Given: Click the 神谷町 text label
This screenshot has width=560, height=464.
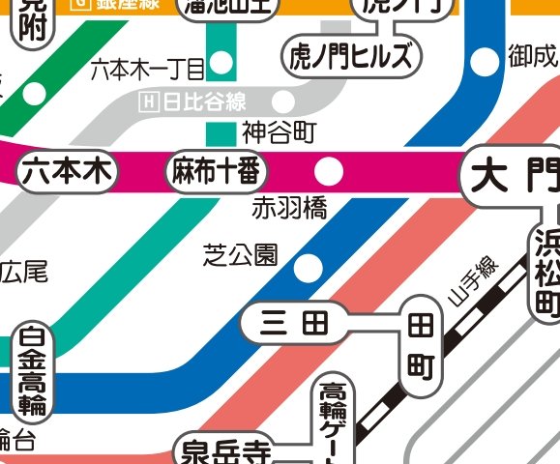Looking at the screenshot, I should (x=279, y=130).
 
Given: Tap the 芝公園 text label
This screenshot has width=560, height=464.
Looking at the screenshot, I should (x=241, y=255).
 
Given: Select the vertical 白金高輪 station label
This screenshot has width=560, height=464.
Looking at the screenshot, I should (x=33, y=372).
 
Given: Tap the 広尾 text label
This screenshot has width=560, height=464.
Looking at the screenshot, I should (x=22, y=272).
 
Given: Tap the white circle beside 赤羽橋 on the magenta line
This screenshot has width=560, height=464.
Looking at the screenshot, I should (x=330, y=172).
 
